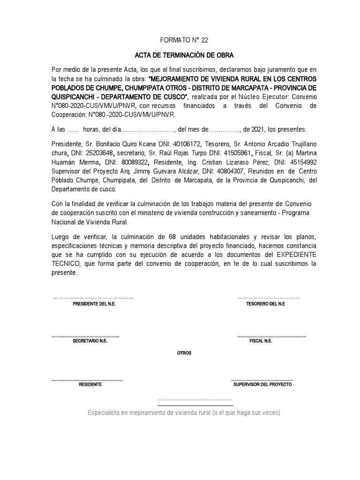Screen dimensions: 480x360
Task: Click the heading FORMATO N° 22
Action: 180,41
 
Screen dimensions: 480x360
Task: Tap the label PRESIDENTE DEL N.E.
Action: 94,304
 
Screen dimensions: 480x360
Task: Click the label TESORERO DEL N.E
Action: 265,304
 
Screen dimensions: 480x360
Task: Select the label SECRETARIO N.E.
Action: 90,341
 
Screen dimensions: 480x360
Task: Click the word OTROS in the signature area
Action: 184,352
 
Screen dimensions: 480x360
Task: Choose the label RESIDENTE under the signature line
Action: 90,384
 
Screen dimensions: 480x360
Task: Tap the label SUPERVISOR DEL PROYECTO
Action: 262,384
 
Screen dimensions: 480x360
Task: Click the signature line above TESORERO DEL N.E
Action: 269,297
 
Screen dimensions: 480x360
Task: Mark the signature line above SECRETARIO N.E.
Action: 85,336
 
